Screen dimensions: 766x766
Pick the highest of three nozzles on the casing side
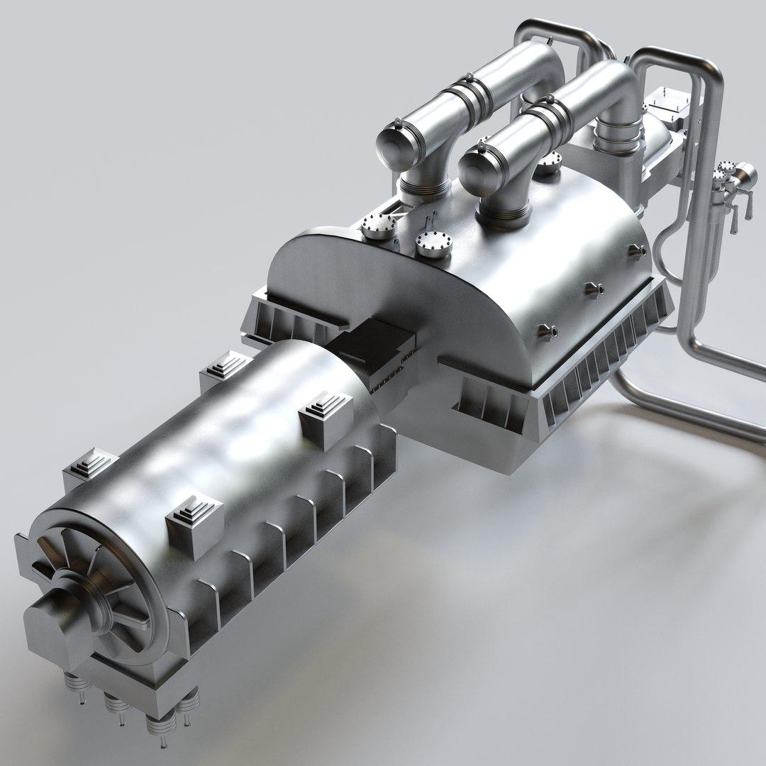[635, 250]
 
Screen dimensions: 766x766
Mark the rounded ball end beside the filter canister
[745, 173]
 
